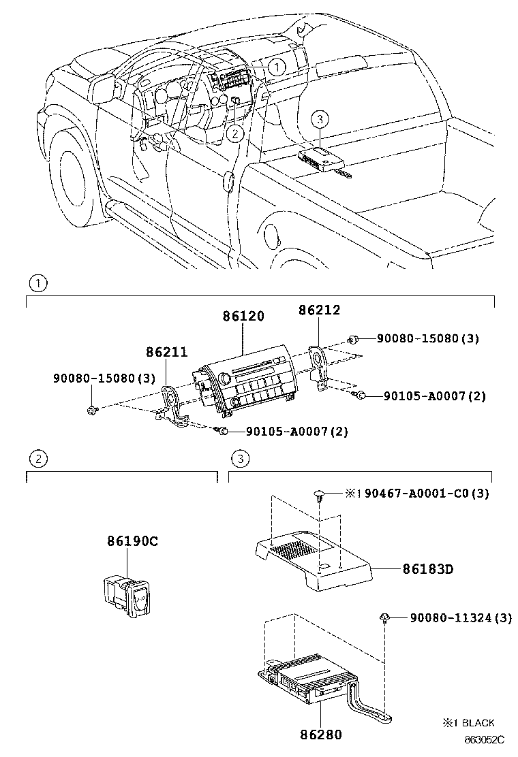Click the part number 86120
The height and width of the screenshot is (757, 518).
(x=243, y=317)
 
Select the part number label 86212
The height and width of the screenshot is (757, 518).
(x=319, y=310)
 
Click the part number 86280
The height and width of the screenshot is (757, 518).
(x=320, y=735)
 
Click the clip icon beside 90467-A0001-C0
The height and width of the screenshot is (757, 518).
(x=319, y=494)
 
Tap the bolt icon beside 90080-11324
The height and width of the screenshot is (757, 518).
(x=386, y=618)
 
